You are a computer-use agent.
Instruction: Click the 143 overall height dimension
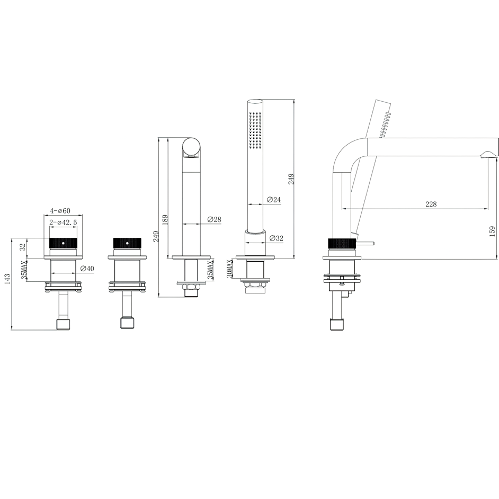tap(7, 279)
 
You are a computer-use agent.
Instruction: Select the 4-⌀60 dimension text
tap(60, 210)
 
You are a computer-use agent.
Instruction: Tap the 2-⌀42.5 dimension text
tap(64, 223)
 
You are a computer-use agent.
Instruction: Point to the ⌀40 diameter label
tap(87, 269)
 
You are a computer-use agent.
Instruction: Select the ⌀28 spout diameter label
tap(214, 219)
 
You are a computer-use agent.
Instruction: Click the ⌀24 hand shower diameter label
tap(273, 200)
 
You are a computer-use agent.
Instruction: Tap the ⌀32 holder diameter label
tap(276, 238)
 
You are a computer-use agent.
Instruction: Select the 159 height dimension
tap(492, 231)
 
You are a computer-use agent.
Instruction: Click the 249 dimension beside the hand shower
tap(291, 179)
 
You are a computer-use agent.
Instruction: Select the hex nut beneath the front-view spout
tap(190, 288)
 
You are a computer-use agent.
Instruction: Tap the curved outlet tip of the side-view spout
tap(488, 154)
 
